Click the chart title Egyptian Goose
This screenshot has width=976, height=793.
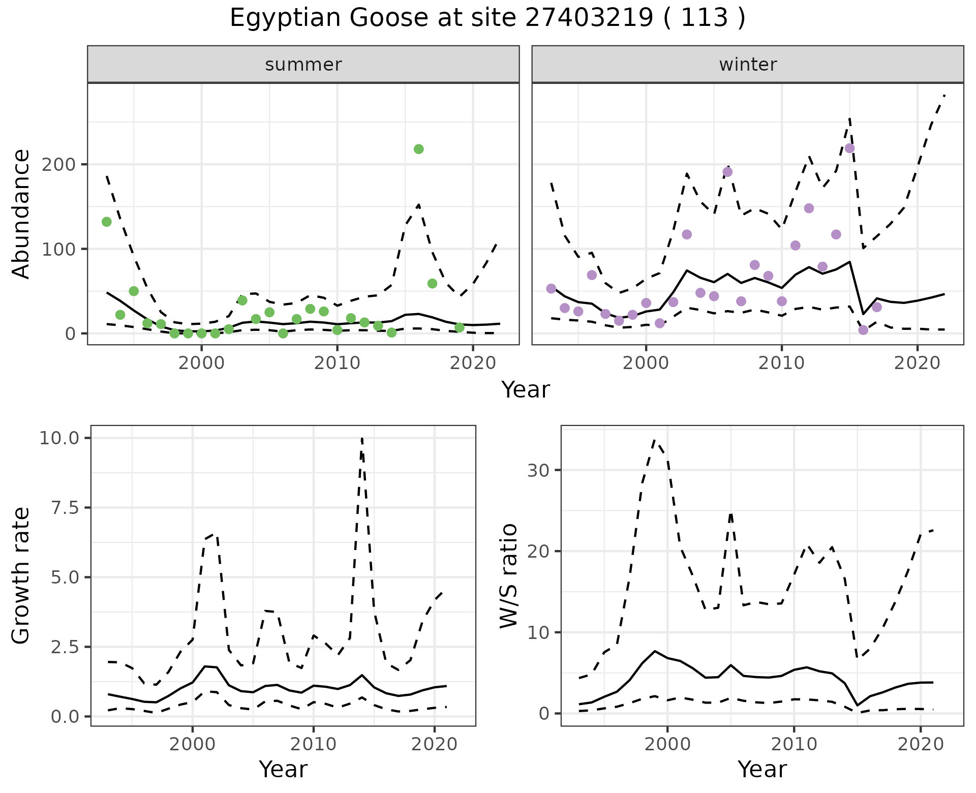(487, 18)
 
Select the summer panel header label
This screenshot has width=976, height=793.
(303, 65)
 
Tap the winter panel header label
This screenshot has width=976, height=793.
(748, 65)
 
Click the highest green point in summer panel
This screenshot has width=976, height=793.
(419, 149)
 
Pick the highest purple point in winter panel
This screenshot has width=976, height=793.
(849, 148)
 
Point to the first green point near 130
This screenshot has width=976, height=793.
(107, 222)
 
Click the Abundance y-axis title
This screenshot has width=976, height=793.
(21, 214)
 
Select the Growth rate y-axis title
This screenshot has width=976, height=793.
(21, 575)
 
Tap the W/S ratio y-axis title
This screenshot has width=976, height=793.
(508, 575)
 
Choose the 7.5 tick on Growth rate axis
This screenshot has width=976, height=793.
(65, 508)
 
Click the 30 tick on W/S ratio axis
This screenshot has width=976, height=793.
(538, 470)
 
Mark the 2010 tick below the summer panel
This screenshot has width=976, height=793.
(337, 363)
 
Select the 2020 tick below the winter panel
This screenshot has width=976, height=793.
(917, 363)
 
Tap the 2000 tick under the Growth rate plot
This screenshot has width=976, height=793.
(192, 745)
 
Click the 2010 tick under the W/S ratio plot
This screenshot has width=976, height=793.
(794, 745)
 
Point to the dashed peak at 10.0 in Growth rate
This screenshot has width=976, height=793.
(361, 438)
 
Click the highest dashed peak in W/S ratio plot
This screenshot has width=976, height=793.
(655, 440)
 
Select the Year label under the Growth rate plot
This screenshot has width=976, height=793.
(283, 769)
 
